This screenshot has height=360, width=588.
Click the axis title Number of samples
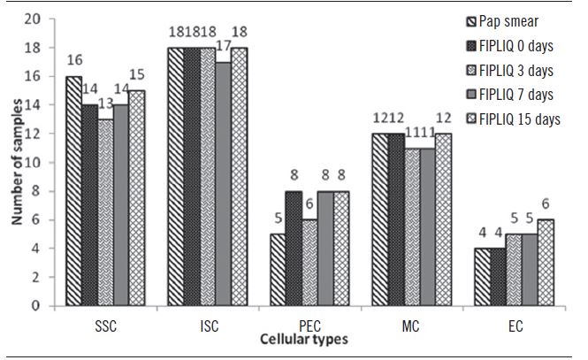15,164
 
